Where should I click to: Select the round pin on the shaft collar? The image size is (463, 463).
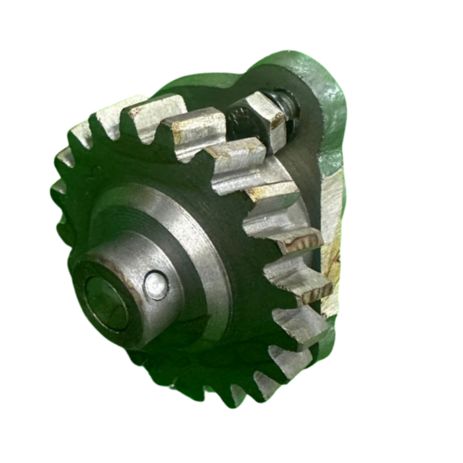(156, 286)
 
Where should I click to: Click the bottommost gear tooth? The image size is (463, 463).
(218, 390)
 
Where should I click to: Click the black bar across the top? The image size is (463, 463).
(232, 19)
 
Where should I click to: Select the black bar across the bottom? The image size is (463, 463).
(232, 443)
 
